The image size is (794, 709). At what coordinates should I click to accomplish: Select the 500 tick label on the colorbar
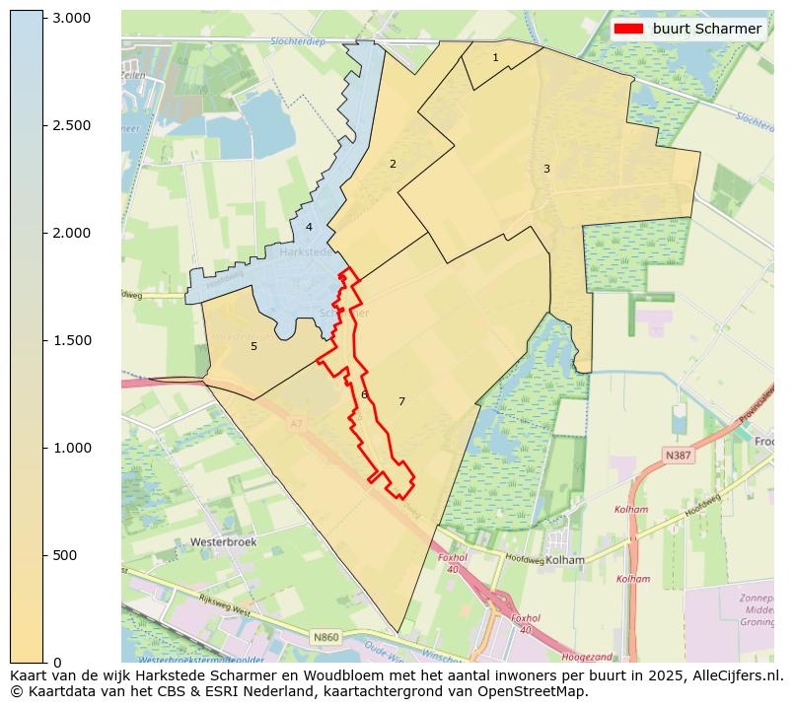point(65,555)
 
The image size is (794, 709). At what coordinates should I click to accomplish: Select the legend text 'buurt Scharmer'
point(706,29)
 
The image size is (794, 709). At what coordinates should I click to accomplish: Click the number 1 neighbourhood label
point(495,58)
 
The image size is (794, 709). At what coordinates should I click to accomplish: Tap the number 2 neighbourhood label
point(393,164)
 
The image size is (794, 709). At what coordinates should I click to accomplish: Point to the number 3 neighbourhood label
point(546,169)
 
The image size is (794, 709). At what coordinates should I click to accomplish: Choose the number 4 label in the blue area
point(309,227)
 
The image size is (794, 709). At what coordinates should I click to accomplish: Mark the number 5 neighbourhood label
point(253,346)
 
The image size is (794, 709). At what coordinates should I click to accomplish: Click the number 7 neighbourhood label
point(401,401)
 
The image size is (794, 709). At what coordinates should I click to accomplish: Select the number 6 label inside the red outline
point(364,394)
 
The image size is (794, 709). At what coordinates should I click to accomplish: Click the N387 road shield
point(678,456)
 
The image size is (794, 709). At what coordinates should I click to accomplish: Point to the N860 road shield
point(325,638)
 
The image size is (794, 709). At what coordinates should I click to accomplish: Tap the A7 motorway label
point(296,424)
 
